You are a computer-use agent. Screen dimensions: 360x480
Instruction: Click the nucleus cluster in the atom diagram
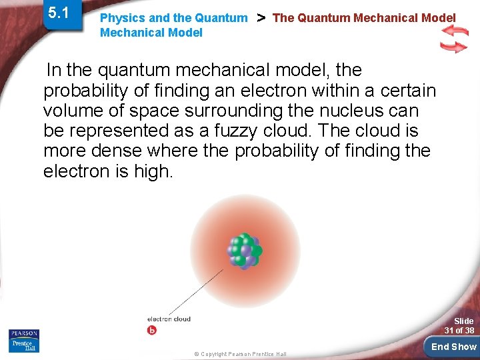244,251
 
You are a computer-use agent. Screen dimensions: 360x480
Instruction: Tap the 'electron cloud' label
169,319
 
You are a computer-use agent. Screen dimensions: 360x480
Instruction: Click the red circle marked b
151,330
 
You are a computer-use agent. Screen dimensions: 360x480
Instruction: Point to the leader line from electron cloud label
196,291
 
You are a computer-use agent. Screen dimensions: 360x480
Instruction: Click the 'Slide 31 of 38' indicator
460,326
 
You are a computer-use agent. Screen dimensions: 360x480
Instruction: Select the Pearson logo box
24,333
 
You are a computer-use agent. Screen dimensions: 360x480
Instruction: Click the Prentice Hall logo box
24,345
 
